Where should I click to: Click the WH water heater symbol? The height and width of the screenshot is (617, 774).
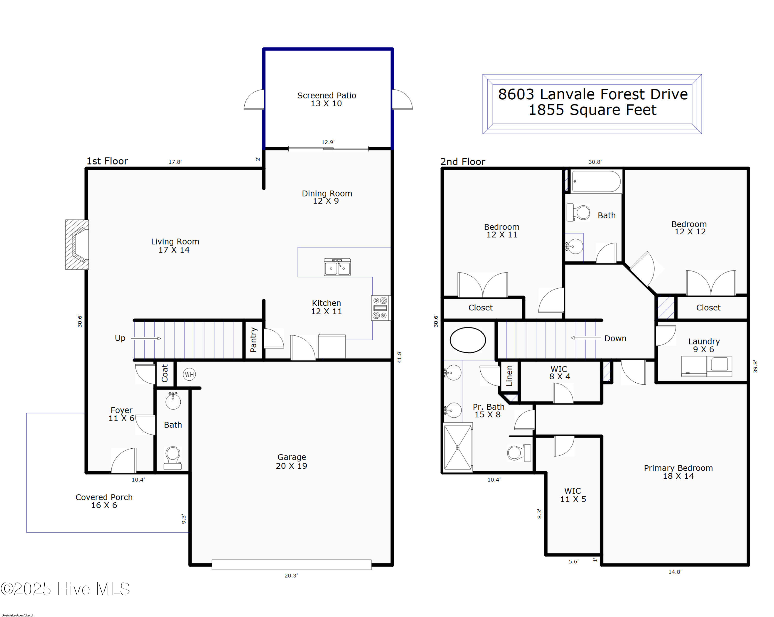[x=189, y=374]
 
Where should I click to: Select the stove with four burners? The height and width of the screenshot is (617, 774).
[x=381, y=308]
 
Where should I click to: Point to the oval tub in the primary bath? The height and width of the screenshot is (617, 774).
[x=467, y=340]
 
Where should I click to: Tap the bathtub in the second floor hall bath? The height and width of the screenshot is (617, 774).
[x=596, y=182]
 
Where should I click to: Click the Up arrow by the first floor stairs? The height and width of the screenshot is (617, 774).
[x=146, y=338]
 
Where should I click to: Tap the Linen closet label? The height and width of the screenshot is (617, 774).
[x=509, y=376]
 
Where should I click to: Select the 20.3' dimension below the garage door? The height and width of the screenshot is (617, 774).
[x=291, y=575]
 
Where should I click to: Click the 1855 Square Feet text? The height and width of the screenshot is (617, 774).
[x=592, y=110]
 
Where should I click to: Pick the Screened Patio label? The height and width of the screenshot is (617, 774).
[x=326, y=99]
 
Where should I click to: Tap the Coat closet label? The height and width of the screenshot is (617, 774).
[x=165, y=373]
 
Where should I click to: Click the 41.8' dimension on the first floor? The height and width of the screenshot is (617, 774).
[x=399, y=357]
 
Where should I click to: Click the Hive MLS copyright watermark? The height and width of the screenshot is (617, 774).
[x=65, y=589]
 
